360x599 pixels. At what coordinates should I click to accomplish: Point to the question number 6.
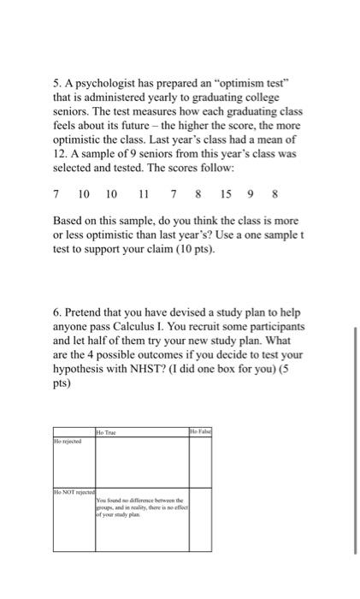(x=56, y=310)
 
